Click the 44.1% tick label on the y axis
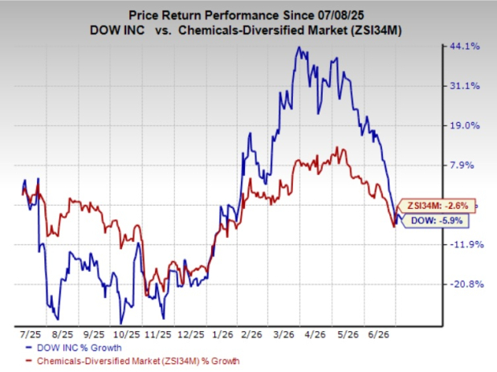tap(465, 47)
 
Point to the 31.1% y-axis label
tap(465, 86)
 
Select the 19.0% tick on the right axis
tap(465, 125)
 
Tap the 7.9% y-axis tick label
tap(462, 166)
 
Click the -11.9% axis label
tap(467, 244)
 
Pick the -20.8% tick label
tap(467, 284)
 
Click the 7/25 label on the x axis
tap(31, 334)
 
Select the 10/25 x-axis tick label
tap(127, 334)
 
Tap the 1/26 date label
tap(223, 334)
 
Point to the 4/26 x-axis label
tap(315, 334)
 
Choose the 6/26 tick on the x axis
tap(379, 334)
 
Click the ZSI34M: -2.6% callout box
tap(437, 206)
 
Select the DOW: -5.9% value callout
tap(435, 220)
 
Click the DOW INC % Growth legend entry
tap(74, 348)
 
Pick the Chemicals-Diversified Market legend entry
tap(132, 361)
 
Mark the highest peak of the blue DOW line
tap(299, 47)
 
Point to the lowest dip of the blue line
tap(120, 324)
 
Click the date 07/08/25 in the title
tap(340, 15)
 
